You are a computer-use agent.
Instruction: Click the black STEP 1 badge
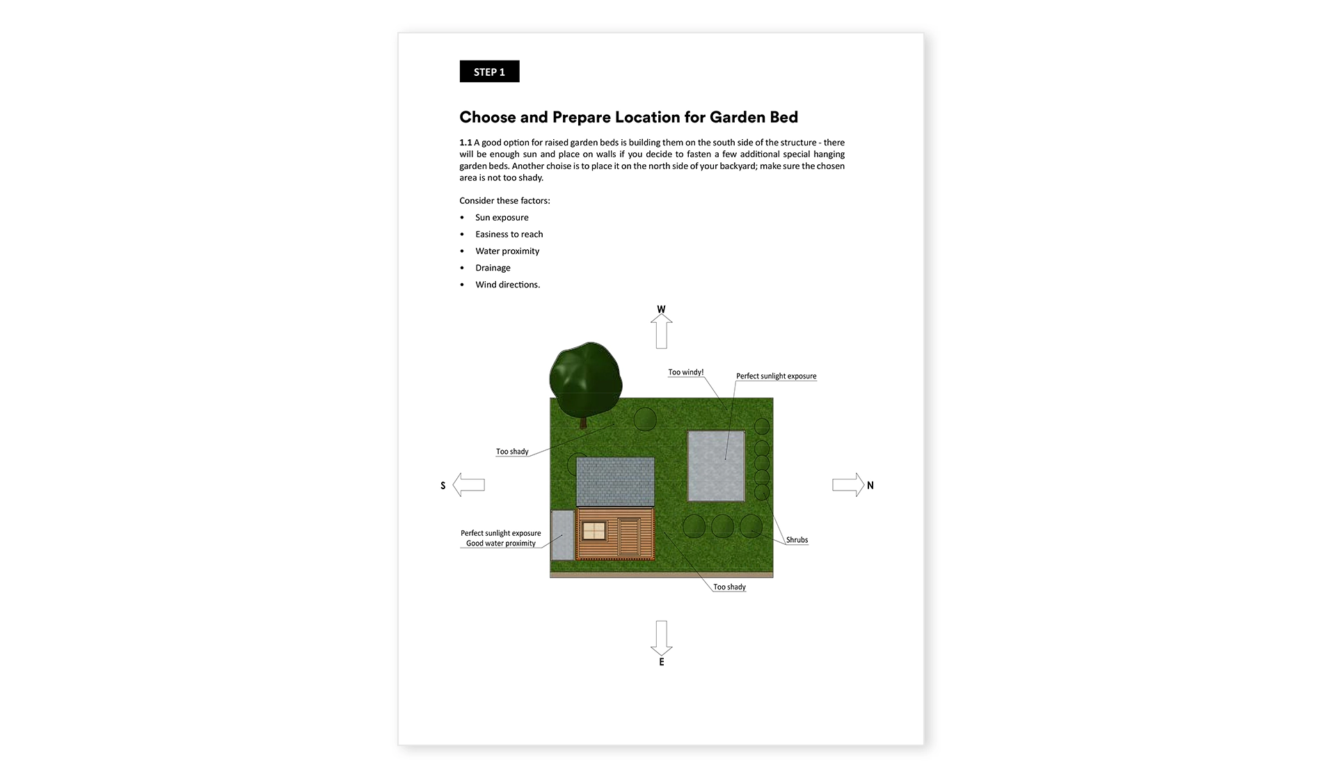click(489, 72)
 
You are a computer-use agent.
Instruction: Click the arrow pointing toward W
click(662, 331)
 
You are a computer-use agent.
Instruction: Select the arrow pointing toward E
click(662, 638)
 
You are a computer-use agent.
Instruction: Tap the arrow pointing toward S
click(469, 484)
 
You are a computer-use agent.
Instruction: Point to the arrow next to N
click(848, 484)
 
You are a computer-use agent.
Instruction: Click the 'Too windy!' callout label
click(686, 372)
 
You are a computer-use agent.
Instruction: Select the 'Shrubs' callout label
click(797, 540)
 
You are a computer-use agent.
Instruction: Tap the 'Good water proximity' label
click(501, 543)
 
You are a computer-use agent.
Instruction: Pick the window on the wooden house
click(594, 531)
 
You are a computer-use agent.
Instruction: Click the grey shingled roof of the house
click(615, 482)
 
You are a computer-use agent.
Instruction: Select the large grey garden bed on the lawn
click(716, 466)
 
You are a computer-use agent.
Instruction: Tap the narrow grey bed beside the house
click(563, 535)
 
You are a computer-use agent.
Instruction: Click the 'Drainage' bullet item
click(493, 268)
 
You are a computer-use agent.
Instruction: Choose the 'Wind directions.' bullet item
click(508, 285)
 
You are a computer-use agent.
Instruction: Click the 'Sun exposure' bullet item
click(502, 218)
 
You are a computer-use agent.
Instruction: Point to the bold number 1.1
click(465, 143)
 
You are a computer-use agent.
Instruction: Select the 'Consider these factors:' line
click(504, 200)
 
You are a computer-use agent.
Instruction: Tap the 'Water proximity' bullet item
click(507, 251)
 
